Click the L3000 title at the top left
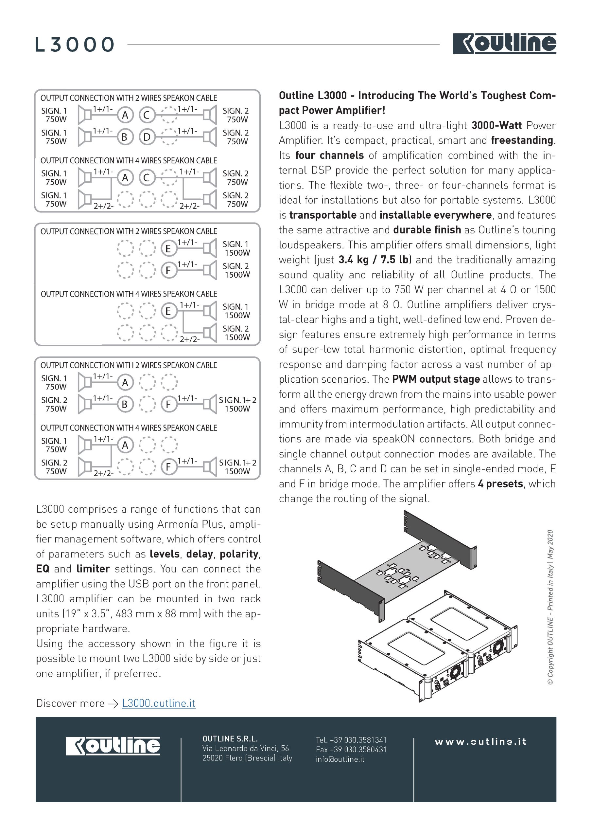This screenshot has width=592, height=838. pyautogui.click(x=75, y=45)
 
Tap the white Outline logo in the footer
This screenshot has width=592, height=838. pyautogui.click(x=113, y=745)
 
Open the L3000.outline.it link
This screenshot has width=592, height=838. pyautogui.click(x=159, y=703)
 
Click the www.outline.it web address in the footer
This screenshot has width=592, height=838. pyautogui.click(x=480, y=741)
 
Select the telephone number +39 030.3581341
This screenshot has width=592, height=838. pyautogui.click(x=351, y=740)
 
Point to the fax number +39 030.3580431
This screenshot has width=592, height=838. pyautogui.click(x=351, y=749)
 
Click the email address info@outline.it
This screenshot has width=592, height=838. pyautogui.click(x=340, y=759)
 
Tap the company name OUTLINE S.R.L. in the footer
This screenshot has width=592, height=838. pyautogui.click(x=230, y=738)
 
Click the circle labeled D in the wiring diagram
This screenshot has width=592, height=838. pyautogui.click(x=147, y=137)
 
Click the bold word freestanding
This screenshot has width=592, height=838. pyautogui.click(x=522, y=140)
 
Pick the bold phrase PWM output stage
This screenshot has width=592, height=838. pyautogui.click(x=436, y=379)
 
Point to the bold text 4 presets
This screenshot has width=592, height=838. pyautogui.click(x=500, y=483)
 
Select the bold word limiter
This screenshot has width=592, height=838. pyautogui.click(x=93, y=569)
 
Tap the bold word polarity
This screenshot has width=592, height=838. pyautogui.click(x=239, y=554)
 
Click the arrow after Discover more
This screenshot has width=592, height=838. pyautogui.click(x=113, y=704)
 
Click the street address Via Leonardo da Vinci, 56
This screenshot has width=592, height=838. pyautogui.click(x=246, y=748)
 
